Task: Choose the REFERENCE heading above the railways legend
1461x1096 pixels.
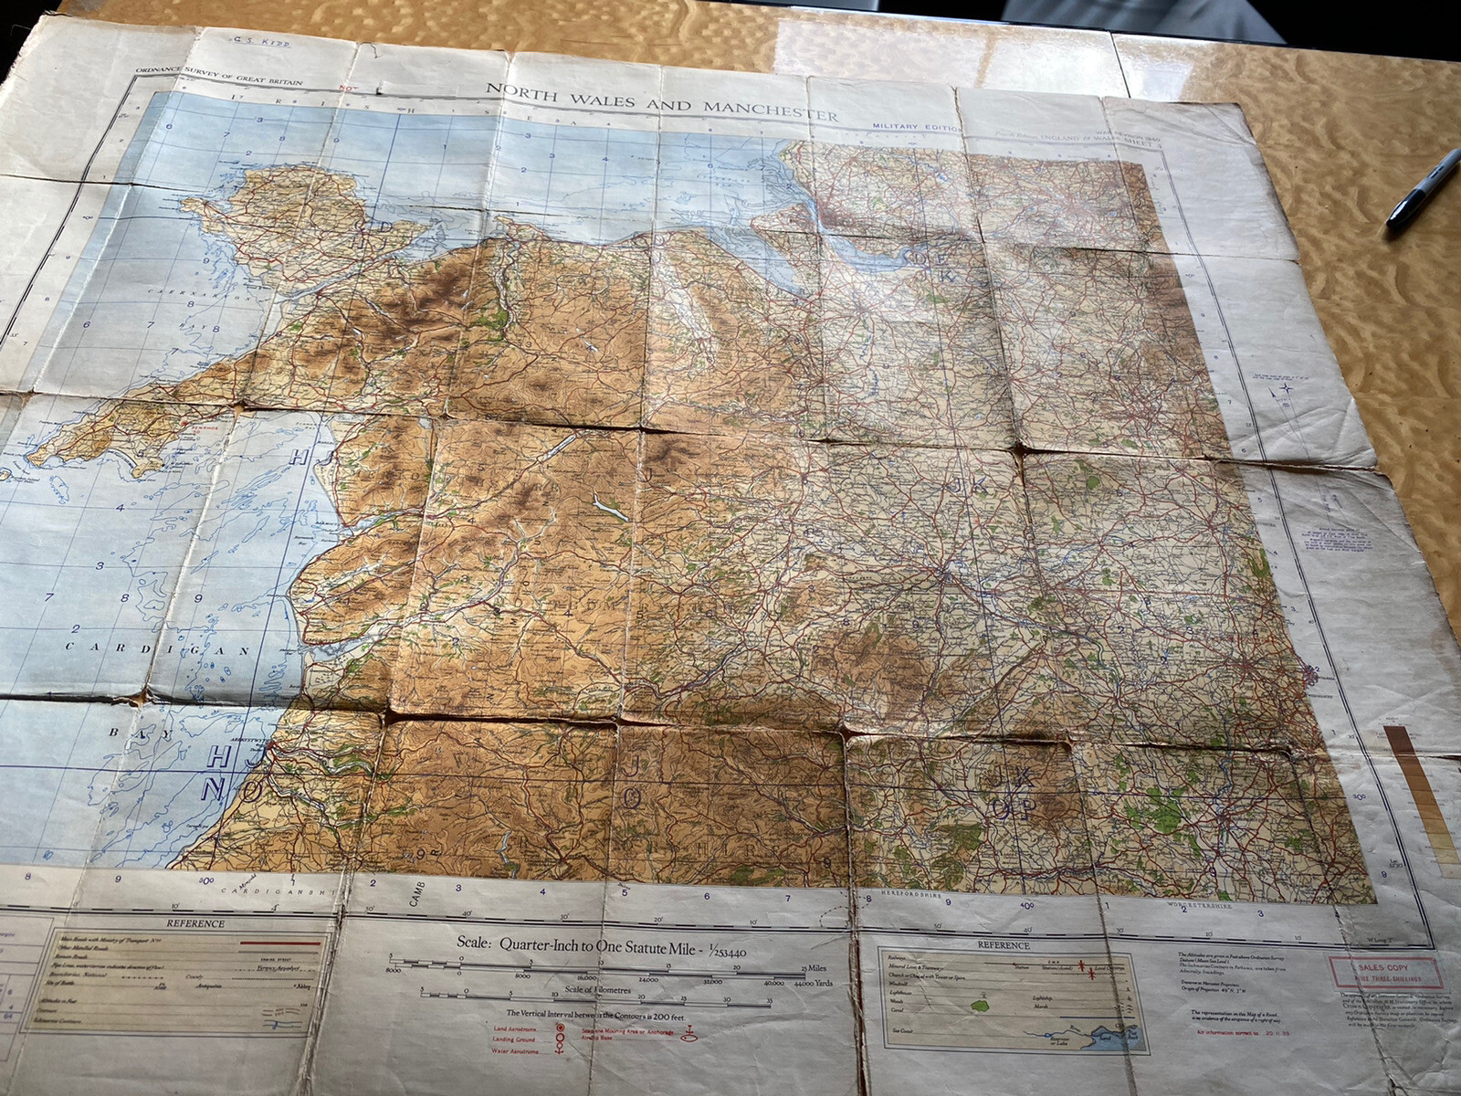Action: (1003, 946)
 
